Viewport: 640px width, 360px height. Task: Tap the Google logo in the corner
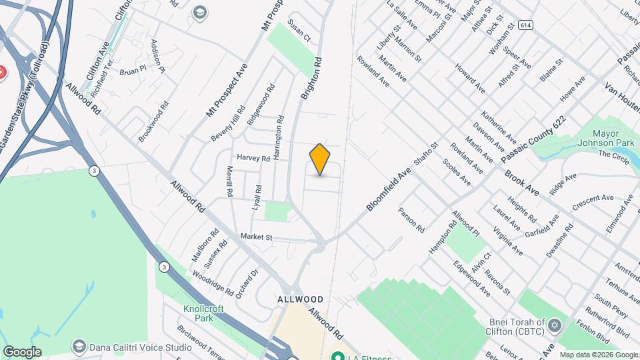coord(22,352)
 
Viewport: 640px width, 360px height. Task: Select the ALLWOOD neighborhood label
coord(301,300)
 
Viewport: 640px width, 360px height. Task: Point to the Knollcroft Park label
coord(203,313)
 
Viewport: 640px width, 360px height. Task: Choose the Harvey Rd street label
coord(253,159)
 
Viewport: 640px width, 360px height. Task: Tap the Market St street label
coord(257,237)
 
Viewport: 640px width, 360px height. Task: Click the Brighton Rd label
coord(311,78)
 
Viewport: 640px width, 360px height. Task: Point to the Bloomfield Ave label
coord(388,190)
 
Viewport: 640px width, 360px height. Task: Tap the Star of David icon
coord(553,326)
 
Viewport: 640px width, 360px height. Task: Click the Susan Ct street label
coord(299,31)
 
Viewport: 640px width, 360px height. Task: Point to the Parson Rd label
coord(411,219)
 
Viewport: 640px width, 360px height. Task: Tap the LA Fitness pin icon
coord(337,355)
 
